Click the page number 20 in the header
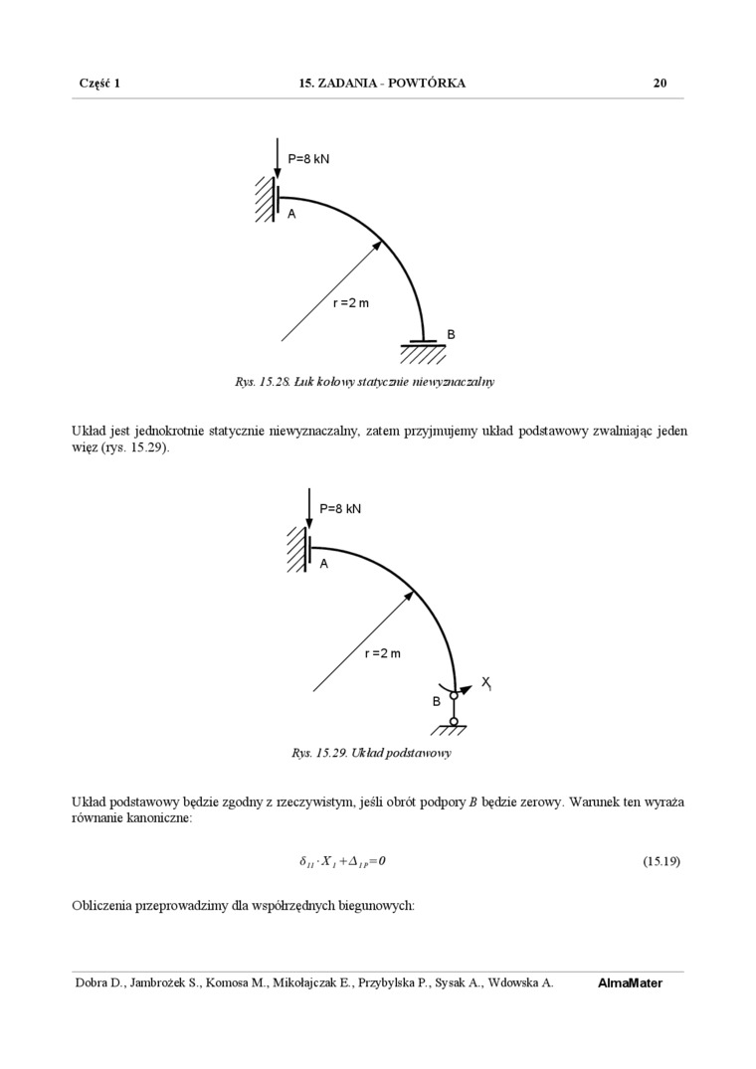660,84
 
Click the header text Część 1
99,84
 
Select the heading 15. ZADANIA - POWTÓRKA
382,84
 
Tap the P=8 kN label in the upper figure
308,159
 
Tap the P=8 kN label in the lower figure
340,509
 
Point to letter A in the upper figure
291,214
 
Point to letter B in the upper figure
451,335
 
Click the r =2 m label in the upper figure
350,303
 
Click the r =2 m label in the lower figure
382,653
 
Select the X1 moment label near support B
486,682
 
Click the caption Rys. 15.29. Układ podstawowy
371,753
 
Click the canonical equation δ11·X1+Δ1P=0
342,861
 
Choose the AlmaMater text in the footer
630,983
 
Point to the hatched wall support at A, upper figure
264,198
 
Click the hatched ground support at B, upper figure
423,351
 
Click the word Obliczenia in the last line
103,906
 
